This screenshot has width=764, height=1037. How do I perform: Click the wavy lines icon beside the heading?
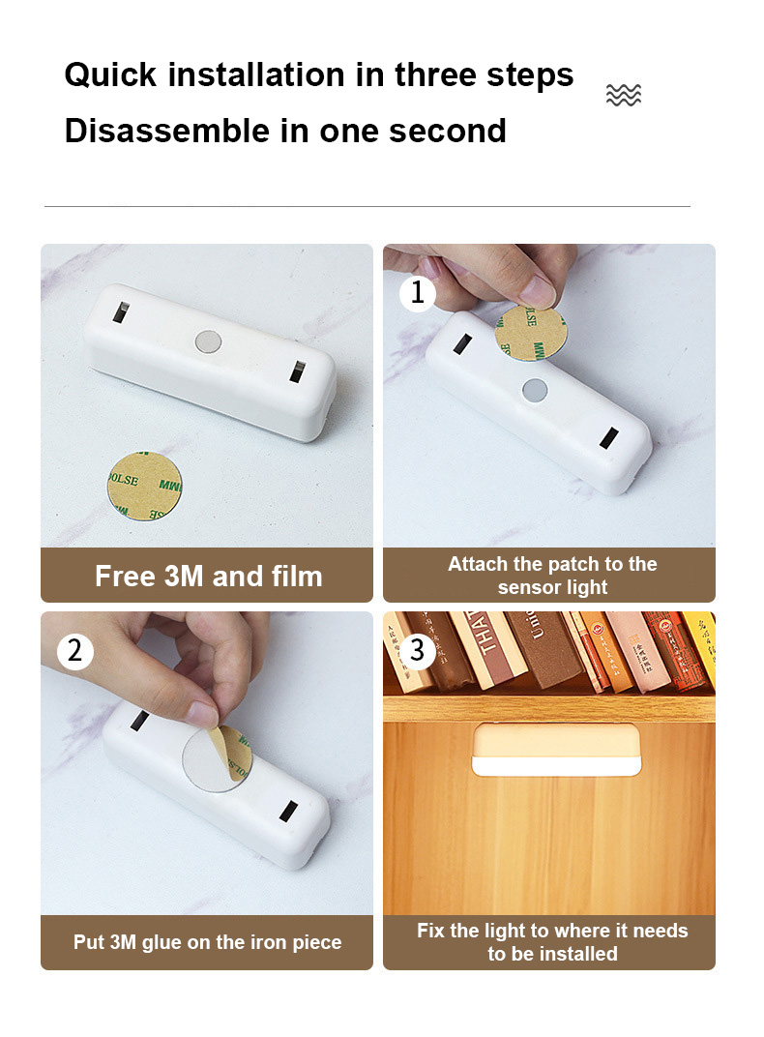pos(623,95)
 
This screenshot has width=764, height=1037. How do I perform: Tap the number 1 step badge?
pos(418,292)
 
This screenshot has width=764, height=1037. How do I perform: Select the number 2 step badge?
pos(74,651)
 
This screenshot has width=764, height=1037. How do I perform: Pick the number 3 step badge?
pos(418,651)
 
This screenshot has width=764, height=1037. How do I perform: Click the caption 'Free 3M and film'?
pos(208,577)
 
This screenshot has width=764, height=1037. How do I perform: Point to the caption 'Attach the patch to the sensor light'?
pos(551,576)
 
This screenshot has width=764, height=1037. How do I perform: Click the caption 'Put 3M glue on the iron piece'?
pos(207,942)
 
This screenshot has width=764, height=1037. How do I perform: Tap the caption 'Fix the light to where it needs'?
pos(551,932)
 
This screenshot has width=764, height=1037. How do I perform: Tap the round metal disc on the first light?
pos(208,340)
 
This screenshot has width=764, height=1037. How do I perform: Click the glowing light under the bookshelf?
pos(556,750)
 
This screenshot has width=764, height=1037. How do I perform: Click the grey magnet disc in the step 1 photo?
pos(534,390)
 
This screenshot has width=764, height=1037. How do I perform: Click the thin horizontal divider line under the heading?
pos(367,206)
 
